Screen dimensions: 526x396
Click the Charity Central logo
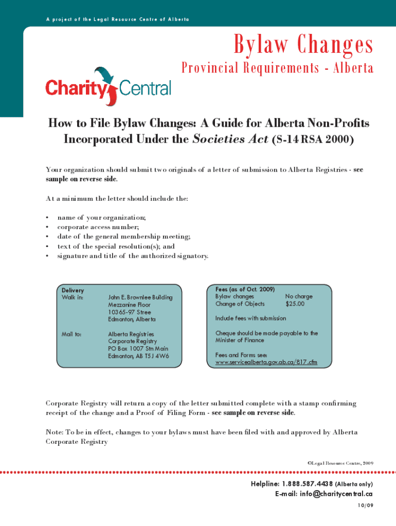108,87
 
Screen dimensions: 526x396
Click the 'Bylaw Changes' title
303,45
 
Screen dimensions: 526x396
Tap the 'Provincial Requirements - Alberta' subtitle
277,68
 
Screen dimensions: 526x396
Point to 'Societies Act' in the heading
229,140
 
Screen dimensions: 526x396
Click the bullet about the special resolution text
116,246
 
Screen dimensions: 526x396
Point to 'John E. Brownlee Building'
140,297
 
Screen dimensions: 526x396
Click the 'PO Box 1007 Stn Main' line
138,349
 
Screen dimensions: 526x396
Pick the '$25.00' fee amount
295,304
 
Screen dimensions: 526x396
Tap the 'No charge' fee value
299,296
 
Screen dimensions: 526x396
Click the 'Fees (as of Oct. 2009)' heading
245,289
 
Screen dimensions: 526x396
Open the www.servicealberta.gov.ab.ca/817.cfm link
266,363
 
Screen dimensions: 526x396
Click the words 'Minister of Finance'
240,340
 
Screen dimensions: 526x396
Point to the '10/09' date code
365,505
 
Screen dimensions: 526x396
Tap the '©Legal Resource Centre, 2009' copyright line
340,463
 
